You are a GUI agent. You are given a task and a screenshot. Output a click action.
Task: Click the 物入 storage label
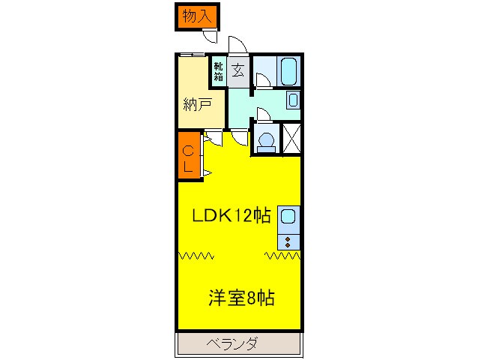[197, 16]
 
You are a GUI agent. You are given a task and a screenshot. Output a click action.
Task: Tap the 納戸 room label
[196, 105]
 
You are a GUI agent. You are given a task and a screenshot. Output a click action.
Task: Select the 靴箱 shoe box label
[218, 70]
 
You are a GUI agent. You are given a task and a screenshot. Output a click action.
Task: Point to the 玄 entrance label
[238, 70]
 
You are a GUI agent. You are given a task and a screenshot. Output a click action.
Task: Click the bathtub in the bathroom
[289, 72]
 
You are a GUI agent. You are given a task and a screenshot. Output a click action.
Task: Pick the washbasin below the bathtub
[293, 100]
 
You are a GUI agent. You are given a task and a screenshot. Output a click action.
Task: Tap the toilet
[264, 140]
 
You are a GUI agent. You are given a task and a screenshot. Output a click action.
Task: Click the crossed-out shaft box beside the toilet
[291, 139]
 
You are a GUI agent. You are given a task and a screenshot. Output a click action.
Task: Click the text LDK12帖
[231, 216]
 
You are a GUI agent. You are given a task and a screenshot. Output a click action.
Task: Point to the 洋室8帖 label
[240, 298]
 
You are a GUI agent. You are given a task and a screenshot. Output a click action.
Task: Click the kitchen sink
[288, 219]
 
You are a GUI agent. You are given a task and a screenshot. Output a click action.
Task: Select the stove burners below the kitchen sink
[288, 241]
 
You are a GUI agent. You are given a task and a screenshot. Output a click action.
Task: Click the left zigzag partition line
[196, 256]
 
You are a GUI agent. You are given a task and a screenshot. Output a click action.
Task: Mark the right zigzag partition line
[283, 256]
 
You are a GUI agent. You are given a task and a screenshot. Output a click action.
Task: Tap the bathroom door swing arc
[262, 80]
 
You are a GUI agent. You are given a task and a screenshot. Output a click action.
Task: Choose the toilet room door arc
[263, 113]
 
